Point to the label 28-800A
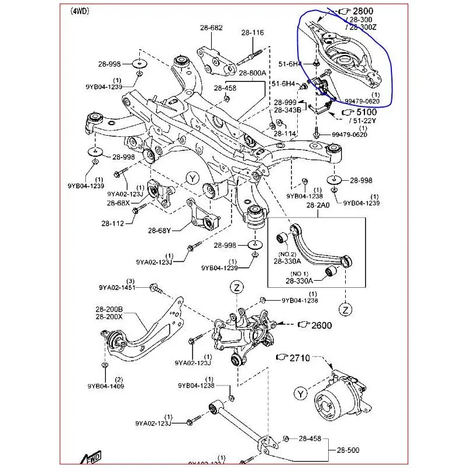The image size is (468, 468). [252, 73]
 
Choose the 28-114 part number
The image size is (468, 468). [285, 133]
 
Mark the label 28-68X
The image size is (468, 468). [118, 203]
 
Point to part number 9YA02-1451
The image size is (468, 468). [116, 287]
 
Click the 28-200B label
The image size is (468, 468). [109, 309]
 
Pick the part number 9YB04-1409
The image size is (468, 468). [107, 386]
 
